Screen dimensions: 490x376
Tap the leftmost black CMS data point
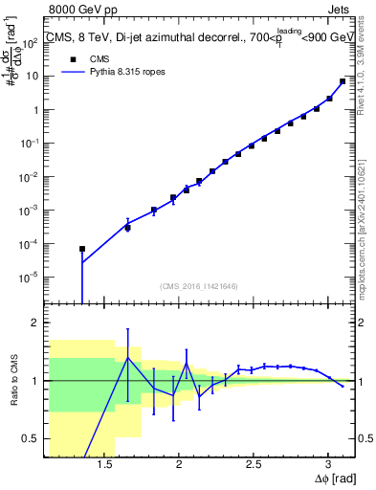82,249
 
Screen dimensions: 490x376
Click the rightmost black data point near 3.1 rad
343,81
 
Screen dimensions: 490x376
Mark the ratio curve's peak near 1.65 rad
128,357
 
